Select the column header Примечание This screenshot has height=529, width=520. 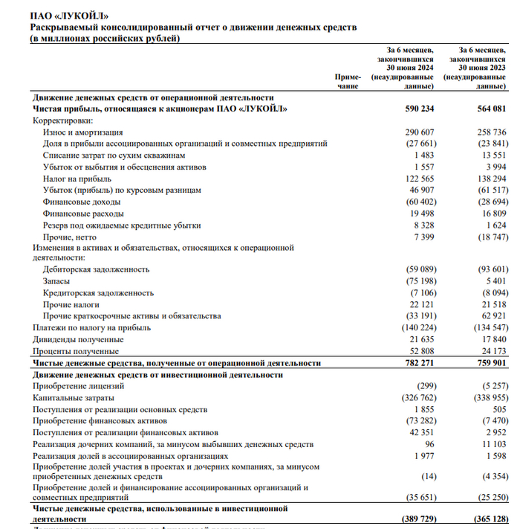(x=348, y=81)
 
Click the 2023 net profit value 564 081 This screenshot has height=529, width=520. (x=490, y=109)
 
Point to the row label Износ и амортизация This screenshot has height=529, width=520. (x=82, y=132)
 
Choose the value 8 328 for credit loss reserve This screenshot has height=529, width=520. (x=420, y=225)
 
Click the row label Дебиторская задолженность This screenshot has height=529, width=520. (x=96, y=269)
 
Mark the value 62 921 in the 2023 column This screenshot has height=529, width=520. (x=493, y=315)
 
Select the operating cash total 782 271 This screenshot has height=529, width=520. (x=416, y=363)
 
